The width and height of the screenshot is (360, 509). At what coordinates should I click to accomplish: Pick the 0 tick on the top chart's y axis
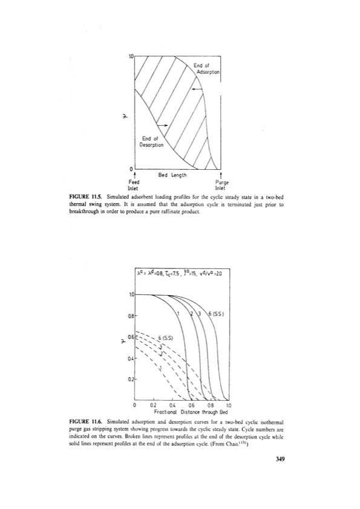tap(130, 168)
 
